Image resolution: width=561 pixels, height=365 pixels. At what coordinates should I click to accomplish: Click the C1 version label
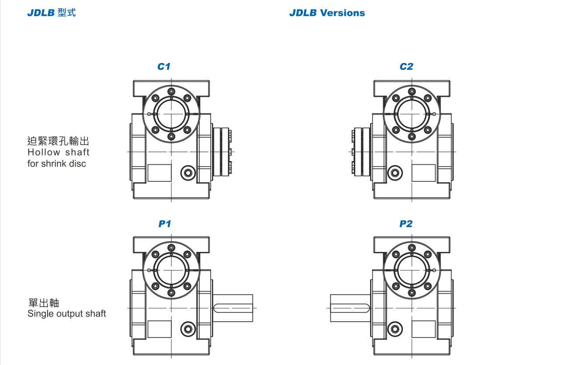click(x=164, y=66)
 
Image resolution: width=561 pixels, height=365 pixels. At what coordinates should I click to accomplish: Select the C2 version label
click(x=406, y=66)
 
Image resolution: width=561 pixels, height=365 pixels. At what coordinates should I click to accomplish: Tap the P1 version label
click(x=164, y=224)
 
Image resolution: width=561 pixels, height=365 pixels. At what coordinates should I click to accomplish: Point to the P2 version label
click(x=406, y=224)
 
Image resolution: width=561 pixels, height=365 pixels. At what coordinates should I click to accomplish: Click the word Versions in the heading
click(x=342, y=13)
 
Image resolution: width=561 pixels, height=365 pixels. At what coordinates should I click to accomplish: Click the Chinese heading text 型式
click(x=66, y=13)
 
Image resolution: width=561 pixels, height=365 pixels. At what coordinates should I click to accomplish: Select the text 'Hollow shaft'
click(x=58, y=153)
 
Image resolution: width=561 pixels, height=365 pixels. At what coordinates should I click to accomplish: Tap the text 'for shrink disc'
click(x=57, y=164)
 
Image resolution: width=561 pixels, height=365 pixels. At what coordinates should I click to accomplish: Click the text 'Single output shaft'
click(x=66, y=313)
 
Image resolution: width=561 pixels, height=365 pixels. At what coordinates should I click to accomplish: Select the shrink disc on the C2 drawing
click(x=361, y=152)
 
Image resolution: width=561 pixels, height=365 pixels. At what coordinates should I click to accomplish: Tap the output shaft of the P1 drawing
click(x=233, y=308)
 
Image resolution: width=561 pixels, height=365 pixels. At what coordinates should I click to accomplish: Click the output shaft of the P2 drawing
click(x=350, y=308)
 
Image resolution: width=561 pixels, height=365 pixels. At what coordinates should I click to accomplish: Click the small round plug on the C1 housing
click(x=188, y=173)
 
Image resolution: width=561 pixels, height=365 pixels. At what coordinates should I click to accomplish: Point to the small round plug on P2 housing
click(x=395, y=328)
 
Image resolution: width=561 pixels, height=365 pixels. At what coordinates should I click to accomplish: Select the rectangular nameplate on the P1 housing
click(x=159, y=329)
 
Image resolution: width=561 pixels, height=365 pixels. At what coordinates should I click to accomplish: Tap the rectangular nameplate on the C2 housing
click(x=423, y=173)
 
